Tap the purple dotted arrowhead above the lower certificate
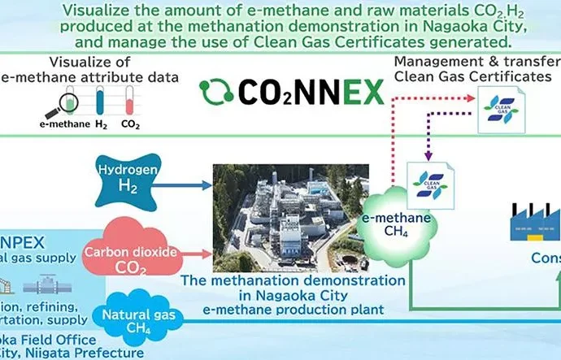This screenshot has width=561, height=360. coord(426,154)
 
